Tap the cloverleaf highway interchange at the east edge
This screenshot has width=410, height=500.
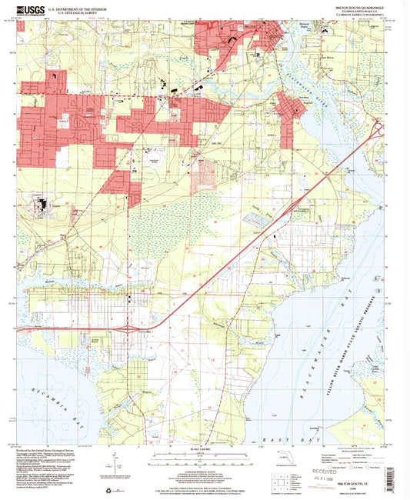coord(379,129)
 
